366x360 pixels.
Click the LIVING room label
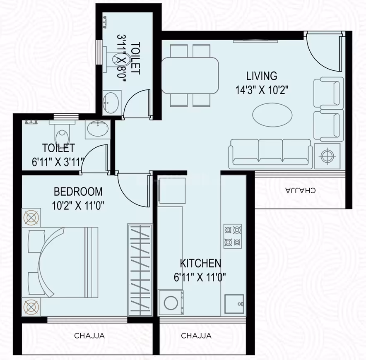coord(261,76)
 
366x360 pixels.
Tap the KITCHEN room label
coord(200,263)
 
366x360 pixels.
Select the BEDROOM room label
coord(78,192)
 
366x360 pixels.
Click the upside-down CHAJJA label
coord(300,190)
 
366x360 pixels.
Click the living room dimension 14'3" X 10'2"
coord(261,90)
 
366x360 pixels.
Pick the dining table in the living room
coord(190,75)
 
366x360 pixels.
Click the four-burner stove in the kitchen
coord(233,236)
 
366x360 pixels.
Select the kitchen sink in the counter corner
coord(234,305)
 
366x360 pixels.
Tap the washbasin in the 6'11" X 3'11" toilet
coord(98,130)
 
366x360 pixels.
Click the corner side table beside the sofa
coord(328,156)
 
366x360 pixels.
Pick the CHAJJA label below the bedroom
coord(89,336)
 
